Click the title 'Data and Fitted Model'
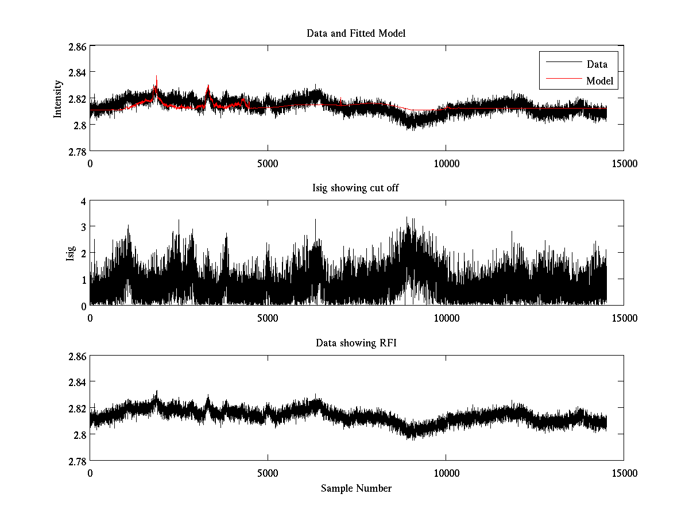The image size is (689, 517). point(356,33)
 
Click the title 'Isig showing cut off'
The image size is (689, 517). point(356,188)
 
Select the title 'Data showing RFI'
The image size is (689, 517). point(356,344)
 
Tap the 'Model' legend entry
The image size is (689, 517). point(600,81)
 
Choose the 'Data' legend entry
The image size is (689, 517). point(597,64)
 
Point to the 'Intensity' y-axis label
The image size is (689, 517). point(57,98)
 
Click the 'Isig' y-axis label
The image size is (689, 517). point(70,253)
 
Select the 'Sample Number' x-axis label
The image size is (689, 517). point(356,488)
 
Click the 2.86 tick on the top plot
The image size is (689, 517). point(77,46)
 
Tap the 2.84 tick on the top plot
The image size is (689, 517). point(77,72)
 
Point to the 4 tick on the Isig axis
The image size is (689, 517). point(83,201)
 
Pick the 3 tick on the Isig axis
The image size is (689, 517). point(83,227)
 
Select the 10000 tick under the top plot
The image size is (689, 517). point(446,163)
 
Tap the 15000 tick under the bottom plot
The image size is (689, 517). point(624,473)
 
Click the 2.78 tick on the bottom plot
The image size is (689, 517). point(77,461)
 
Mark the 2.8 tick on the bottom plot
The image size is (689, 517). point(79,434)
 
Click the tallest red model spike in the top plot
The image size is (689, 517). point(156,77)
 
